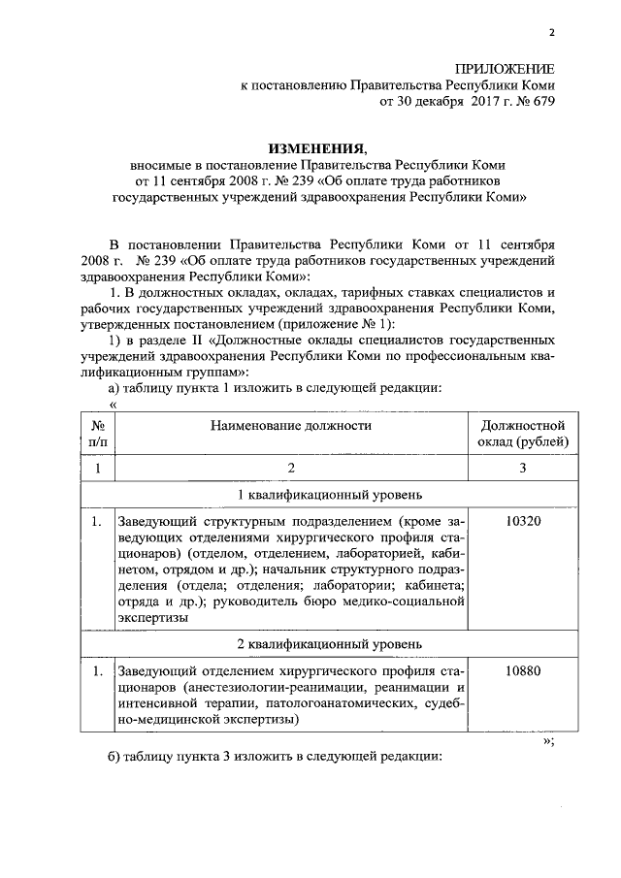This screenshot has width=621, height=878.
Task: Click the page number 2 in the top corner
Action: point(550,33)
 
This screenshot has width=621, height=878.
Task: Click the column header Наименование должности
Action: point(290,425)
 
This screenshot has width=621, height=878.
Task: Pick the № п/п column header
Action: point(97,434)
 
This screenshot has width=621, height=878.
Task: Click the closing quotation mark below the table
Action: point(548,740)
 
